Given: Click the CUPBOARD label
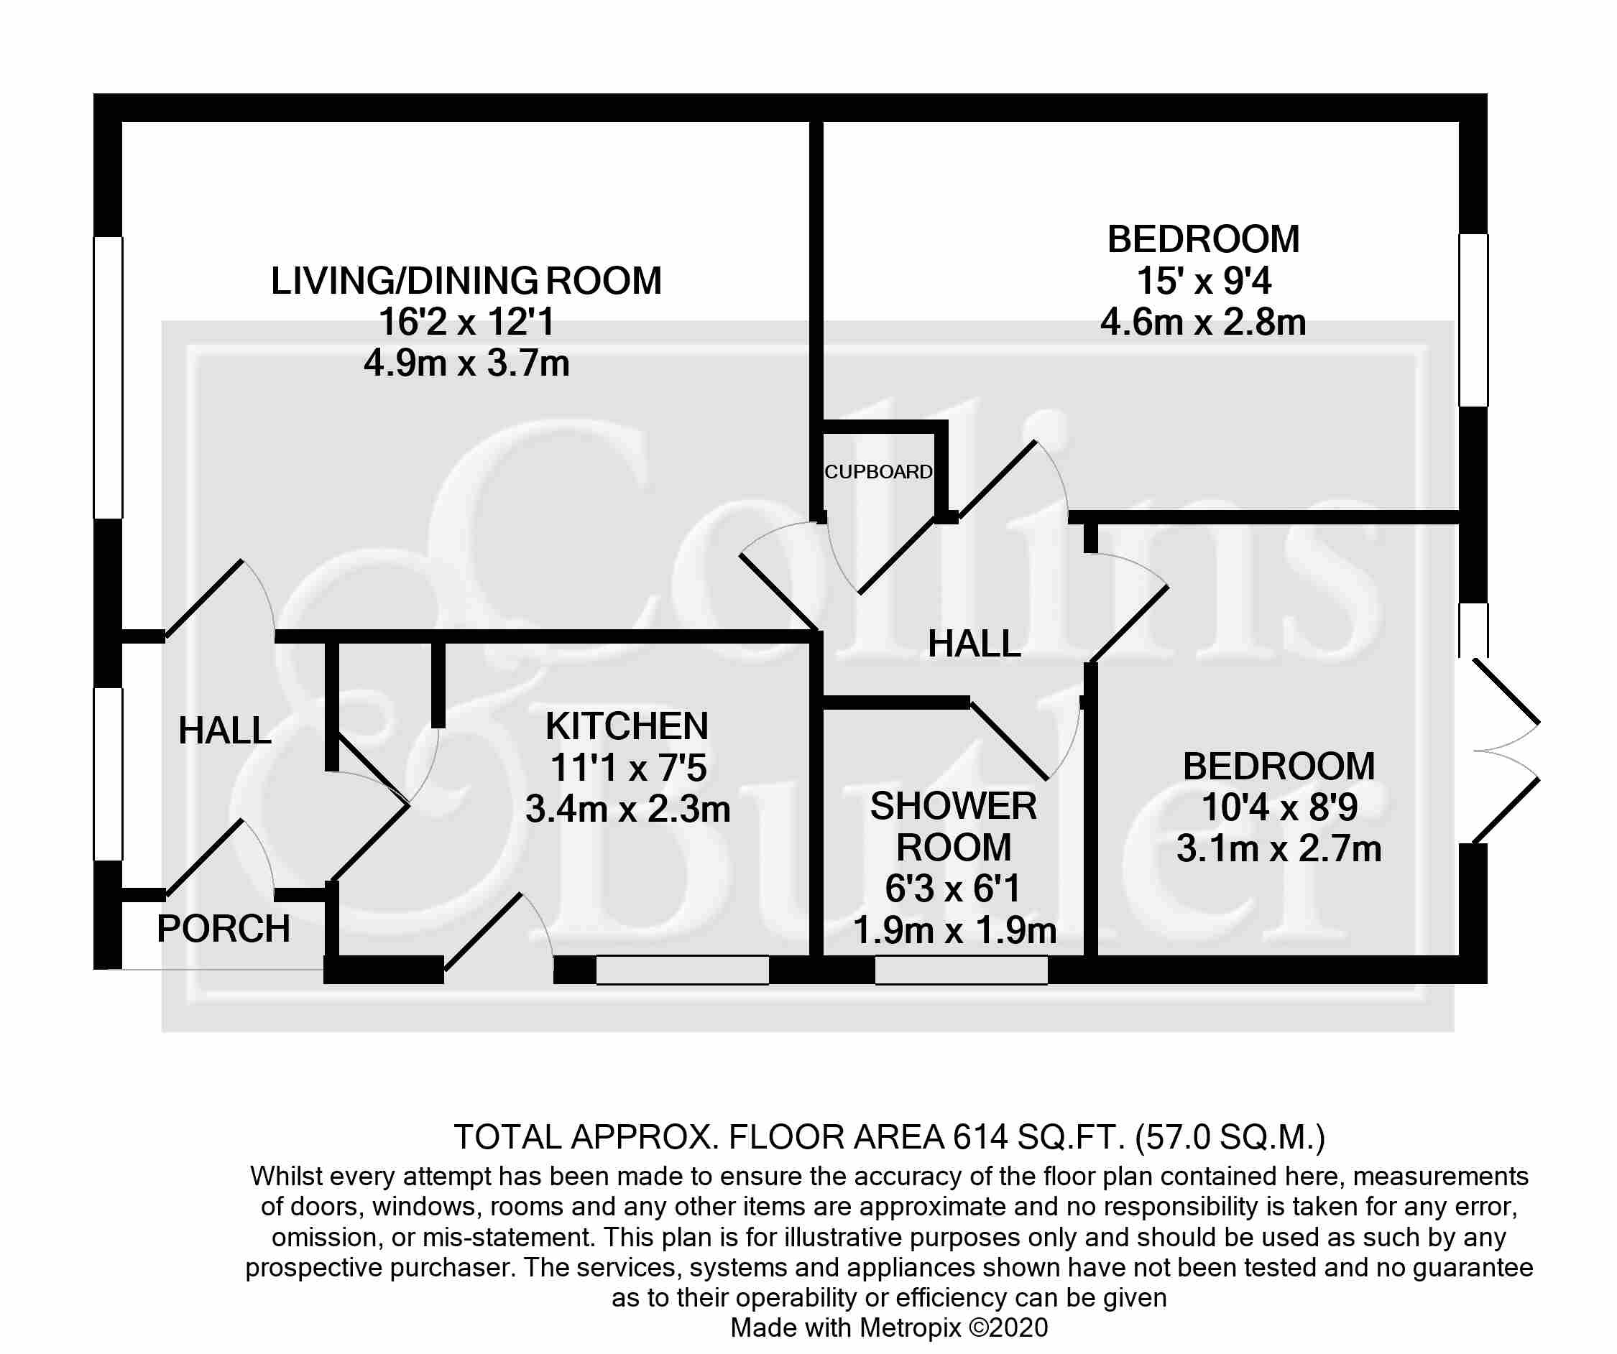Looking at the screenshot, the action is pos(878,472).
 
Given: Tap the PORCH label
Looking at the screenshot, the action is pos(224,929).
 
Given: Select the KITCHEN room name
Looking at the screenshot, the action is pos(627,726).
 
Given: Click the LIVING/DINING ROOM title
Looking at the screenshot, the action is pos(466,280).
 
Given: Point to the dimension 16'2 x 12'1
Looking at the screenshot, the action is pos(466,322).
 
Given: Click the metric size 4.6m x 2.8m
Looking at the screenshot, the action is pos(1203,322).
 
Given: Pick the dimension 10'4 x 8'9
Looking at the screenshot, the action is pos(1279,807).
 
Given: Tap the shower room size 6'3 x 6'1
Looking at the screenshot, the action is pos(953,889).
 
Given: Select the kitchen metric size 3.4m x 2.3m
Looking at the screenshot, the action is pos(627,809).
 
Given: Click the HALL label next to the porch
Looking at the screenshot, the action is pos(225,731).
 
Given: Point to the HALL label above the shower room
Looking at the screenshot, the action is pos(974,644).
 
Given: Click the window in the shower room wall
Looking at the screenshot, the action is pos(961,970).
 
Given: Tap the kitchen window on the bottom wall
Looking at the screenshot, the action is pos(682,970).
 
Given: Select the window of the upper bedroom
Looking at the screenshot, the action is pos(1474,320).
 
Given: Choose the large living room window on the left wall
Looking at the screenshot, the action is pos(108,377).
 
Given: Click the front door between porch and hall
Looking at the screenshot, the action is pos(220,858).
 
